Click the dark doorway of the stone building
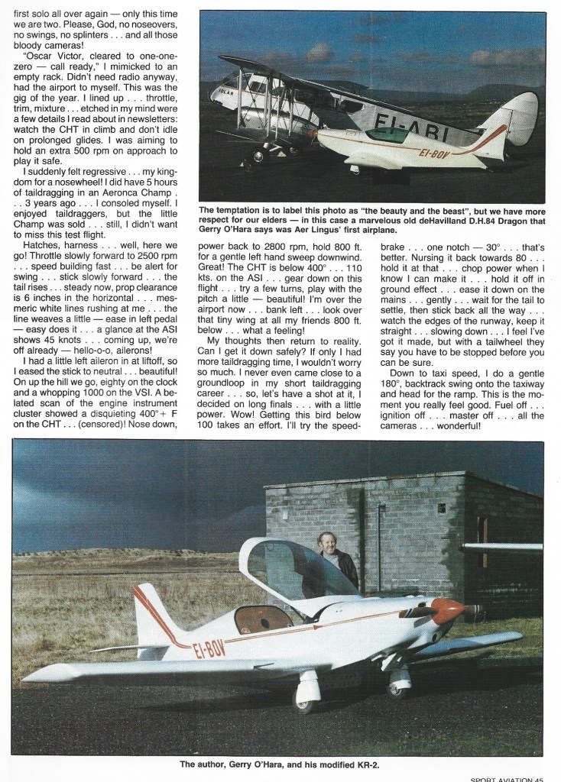click(482, 530)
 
